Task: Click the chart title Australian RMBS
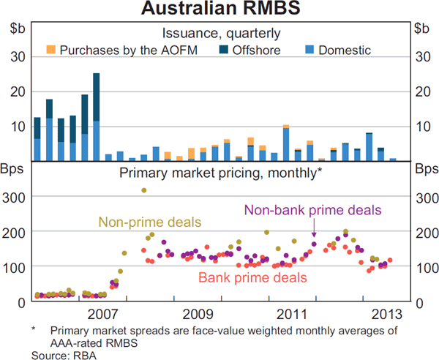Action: point(219,10)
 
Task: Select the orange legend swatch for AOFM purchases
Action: point(50,49)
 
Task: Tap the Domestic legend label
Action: point(345,50)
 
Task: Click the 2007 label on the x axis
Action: point(102,315)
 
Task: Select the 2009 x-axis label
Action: point(198,315)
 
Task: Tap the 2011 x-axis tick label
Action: point(293,315)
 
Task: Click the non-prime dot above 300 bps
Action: point(144,190)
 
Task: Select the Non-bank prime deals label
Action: point(313,209)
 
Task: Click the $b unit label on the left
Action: point(17,29)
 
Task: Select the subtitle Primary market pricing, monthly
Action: point(218,173)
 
